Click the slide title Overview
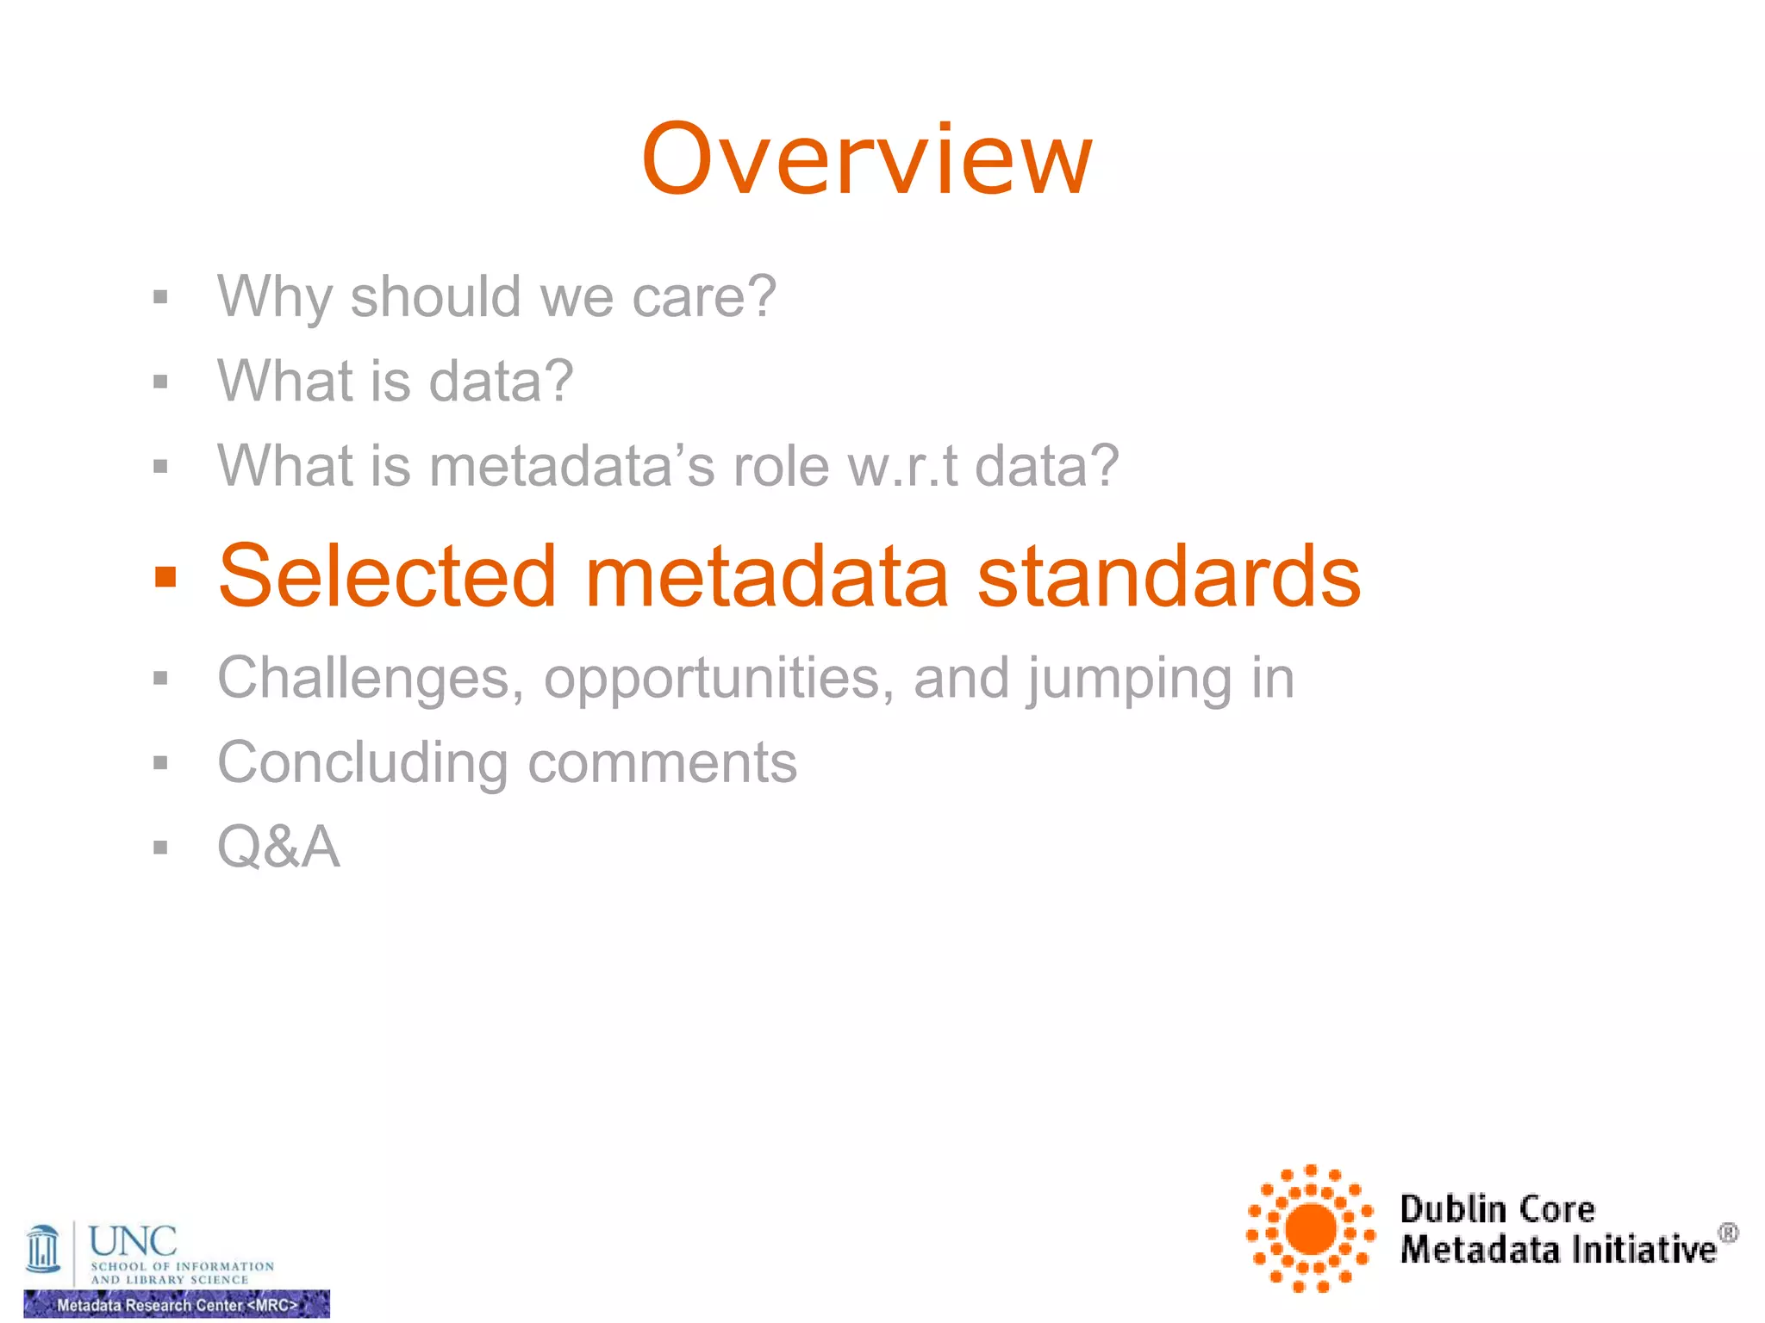tap(867, 160)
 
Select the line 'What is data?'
tap(395, 381)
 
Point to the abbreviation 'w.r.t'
tap(902, 466)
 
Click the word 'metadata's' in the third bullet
tap(571, 466)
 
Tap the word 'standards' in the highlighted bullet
tap(1169, 575)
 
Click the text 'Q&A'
tap(278, 847)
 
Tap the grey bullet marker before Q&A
tap(160, 848)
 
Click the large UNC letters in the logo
tap(133, 1241)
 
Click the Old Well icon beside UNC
tap(43, 1249)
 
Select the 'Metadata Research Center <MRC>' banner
tap(177, 1304)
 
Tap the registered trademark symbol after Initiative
tap(1728, 1233)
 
